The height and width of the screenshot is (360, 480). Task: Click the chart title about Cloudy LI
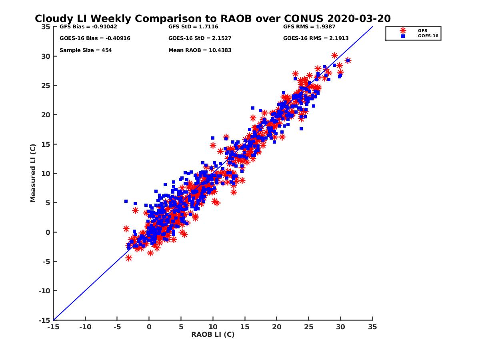213,19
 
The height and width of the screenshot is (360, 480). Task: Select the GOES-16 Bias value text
95,38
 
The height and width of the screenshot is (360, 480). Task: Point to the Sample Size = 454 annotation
86,50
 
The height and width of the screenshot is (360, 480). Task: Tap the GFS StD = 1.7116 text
193,27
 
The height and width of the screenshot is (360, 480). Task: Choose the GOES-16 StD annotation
200,38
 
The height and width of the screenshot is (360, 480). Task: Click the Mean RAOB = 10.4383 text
200,50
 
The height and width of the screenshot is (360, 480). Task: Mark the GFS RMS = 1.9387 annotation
309,27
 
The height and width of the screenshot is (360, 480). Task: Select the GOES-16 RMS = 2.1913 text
316,38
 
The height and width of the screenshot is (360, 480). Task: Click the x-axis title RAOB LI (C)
213,334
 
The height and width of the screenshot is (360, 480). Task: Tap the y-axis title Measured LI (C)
33,173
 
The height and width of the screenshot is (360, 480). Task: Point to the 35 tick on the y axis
46,27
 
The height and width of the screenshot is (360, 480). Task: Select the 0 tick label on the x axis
149,327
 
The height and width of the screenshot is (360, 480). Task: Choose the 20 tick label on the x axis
277,327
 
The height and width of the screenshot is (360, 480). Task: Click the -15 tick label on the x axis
53,327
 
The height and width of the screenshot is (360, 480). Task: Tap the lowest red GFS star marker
129,258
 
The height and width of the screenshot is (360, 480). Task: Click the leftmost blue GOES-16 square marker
126,201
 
